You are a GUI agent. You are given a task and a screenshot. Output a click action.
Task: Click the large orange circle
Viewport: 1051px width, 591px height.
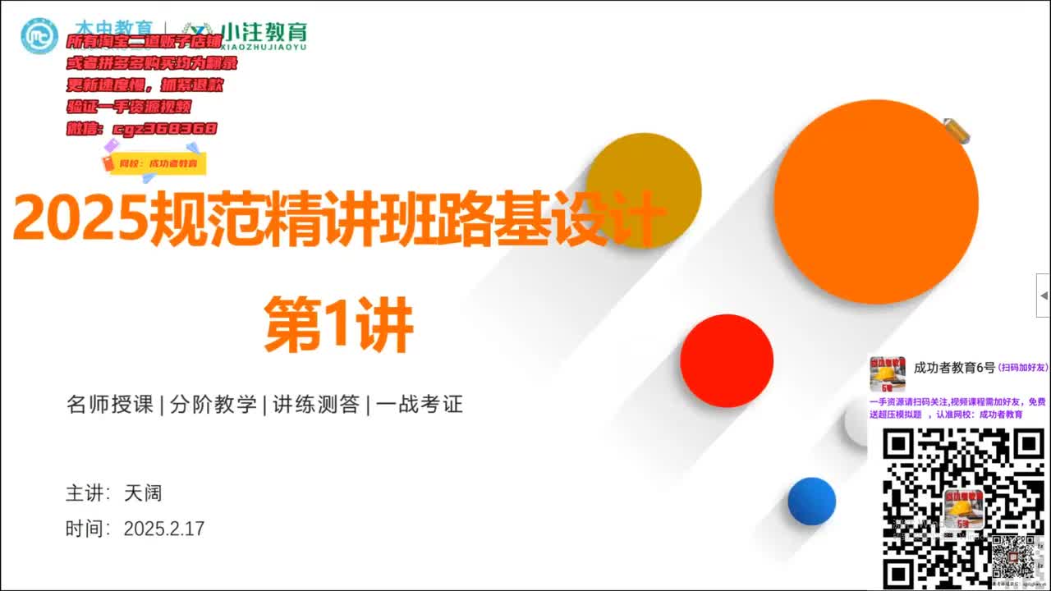876,202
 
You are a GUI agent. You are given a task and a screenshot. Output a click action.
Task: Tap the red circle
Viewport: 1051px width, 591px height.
727,360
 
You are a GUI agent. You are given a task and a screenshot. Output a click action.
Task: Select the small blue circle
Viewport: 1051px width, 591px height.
811,501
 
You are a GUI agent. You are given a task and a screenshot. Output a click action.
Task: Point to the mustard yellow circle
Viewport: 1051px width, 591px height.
644,190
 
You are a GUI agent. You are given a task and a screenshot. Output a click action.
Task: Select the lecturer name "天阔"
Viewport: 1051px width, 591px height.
143,493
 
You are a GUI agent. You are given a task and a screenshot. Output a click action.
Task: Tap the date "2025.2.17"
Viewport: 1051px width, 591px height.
164,529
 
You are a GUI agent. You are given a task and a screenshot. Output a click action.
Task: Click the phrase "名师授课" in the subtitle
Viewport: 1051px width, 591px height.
110,405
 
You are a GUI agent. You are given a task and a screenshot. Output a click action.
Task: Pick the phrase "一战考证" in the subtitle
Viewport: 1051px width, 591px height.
420,405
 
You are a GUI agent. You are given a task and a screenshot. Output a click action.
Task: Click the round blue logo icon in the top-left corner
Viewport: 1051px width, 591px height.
39,36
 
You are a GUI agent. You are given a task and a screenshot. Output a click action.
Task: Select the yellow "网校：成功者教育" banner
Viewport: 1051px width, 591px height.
158,163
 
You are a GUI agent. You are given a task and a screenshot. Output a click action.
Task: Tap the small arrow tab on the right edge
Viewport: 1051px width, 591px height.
1043,295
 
